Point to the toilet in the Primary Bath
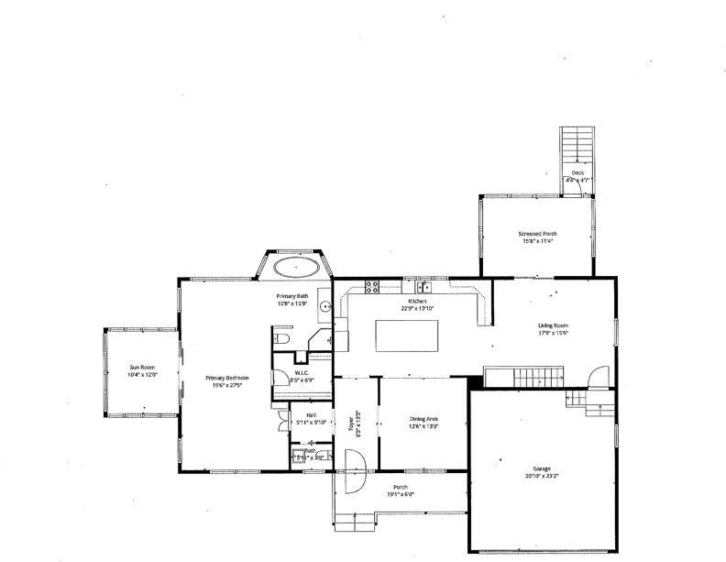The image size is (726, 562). tap(283, 338)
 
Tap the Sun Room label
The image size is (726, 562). tap(142, 367)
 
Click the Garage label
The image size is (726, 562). tap(541, 468)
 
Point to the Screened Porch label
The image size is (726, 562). tap(538, 234)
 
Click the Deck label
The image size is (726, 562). tap(577, 172)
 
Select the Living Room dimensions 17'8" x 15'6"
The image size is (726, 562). tap(553, 334)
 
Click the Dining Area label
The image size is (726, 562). tap(423, 419)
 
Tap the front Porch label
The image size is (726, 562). tap(400, 487)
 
